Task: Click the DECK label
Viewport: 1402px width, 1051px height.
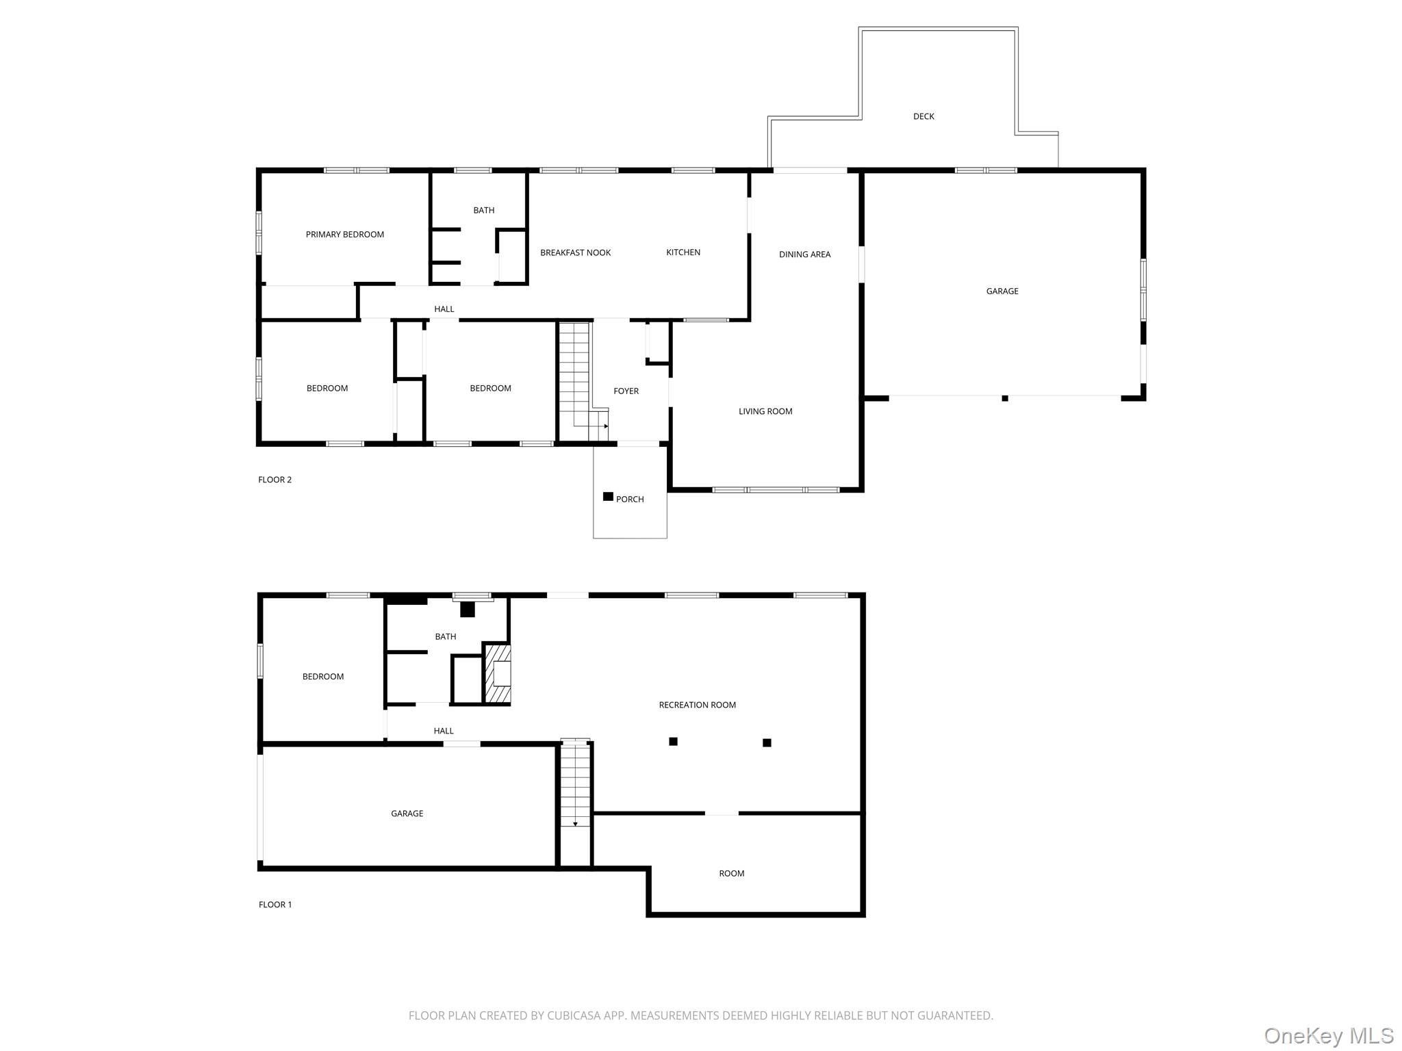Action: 923,116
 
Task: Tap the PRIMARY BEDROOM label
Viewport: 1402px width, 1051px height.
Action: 344,235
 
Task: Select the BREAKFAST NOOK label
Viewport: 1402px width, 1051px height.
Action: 575,252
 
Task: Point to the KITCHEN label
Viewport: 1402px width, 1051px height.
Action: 683,252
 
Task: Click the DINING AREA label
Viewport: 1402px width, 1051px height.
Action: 804,255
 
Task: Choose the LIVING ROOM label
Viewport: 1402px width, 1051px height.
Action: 765,411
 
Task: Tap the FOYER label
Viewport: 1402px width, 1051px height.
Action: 626,391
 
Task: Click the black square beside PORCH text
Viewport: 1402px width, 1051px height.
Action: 608,497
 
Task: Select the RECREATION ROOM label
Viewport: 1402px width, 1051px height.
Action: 697,705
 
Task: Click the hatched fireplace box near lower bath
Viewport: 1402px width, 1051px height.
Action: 498,674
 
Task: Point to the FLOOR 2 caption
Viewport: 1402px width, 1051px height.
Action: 275,480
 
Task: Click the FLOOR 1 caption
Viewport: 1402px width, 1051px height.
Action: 275,905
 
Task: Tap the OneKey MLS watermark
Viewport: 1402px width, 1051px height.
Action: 1328,1036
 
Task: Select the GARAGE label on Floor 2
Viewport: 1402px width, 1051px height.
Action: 1002,291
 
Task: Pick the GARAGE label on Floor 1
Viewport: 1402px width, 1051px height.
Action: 407,814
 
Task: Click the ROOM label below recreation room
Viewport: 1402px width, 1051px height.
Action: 731,874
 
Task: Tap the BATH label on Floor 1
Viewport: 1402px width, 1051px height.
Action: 445,637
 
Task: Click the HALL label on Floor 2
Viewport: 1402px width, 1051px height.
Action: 444,309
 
